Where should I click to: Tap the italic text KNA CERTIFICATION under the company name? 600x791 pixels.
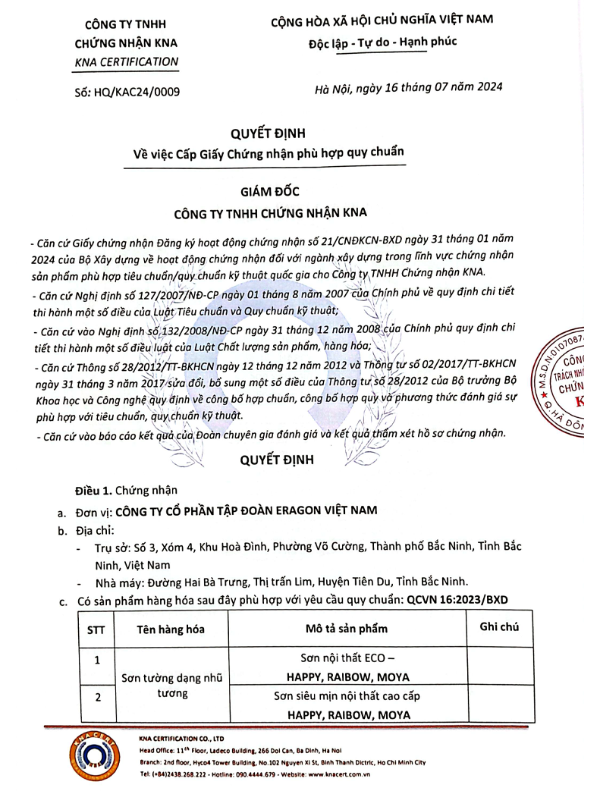click(126, 61)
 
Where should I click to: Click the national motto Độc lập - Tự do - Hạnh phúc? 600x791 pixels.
click(383, 42)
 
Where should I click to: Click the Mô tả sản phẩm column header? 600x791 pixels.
click(347, 629)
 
